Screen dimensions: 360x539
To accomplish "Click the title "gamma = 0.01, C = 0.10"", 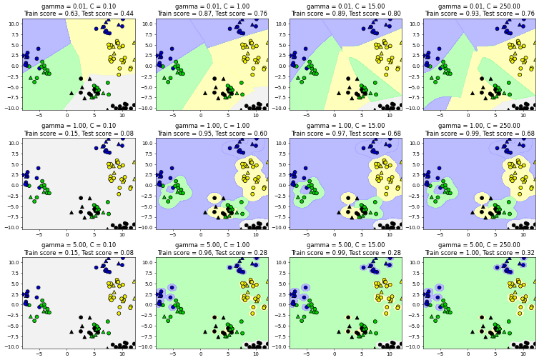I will [x=79, y=6].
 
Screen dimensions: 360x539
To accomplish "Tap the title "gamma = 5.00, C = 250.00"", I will [x=480, y=245].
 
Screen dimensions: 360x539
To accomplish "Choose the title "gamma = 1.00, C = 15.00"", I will [x=345, y=126].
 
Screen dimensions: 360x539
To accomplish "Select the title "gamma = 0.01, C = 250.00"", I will [x=480, y=6].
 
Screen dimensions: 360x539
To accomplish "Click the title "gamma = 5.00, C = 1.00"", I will [x=212, y=245].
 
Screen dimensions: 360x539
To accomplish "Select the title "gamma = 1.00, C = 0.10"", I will [x=79, y=126].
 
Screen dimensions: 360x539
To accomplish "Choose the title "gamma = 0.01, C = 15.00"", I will [x=345, y=6].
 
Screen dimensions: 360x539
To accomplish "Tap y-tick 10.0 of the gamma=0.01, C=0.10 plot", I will [x=14, y=24].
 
